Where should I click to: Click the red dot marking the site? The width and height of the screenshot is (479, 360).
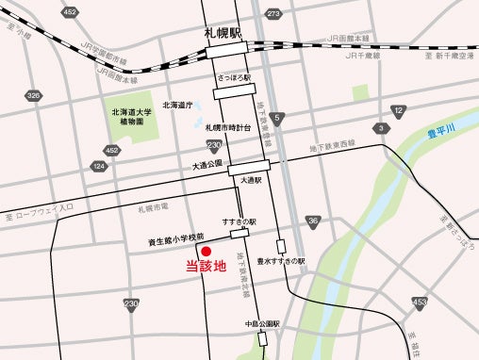point(206,251)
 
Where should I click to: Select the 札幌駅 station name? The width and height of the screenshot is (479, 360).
point(223,32)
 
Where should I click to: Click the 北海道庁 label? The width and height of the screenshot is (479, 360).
point(177,105)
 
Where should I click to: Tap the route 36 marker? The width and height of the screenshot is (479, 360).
point(313,221)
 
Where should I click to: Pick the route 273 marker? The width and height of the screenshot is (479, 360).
point(273,14)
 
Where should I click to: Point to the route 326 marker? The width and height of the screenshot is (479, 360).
point(35,95)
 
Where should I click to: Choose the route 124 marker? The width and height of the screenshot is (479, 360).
point(98,167)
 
